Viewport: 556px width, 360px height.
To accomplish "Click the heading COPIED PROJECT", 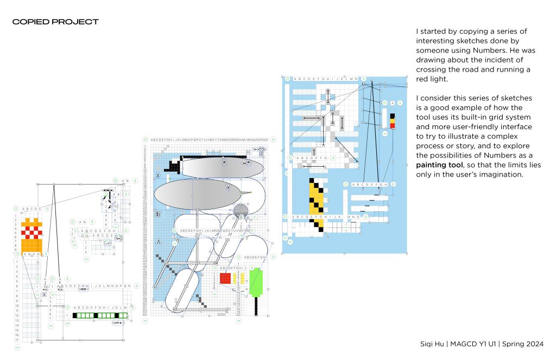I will tap(55, 22).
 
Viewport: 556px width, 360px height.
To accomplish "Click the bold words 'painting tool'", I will tap(439, 165).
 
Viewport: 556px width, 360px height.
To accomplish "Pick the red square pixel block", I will tap(225, 278).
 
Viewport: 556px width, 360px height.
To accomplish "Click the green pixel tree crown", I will tap(256, 283).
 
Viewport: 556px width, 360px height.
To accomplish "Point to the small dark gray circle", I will tap(241, 210).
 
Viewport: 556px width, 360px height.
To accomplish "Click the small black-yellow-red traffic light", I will tap(392, 121).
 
